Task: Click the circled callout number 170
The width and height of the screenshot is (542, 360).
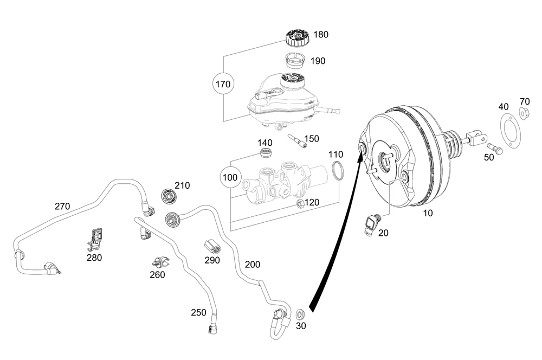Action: [x=223, y=84]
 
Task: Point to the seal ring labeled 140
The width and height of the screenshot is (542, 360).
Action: [x=266, y=153]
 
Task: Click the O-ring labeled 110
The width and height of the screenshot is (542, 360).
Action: [x=337, y=170]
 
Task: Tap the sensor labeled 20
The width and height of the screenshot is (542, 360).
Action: [x=372, y=222]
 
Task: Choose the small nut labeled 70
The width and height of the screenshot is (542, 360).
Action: [x=524, y=113]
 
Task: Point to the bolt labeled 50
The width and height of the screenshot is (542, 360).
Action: [x=495, y=148]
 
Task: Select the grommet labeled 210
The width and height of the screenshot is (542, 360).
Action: [x=170, y=196]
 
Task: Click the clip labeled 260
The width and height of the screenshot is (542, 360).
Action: [x=160, y=262]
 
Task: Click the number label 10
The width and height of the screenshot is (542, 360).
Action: [x=428, y=214]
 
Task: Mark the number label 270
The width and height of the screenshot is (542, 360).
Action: [x=62, y=206]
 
